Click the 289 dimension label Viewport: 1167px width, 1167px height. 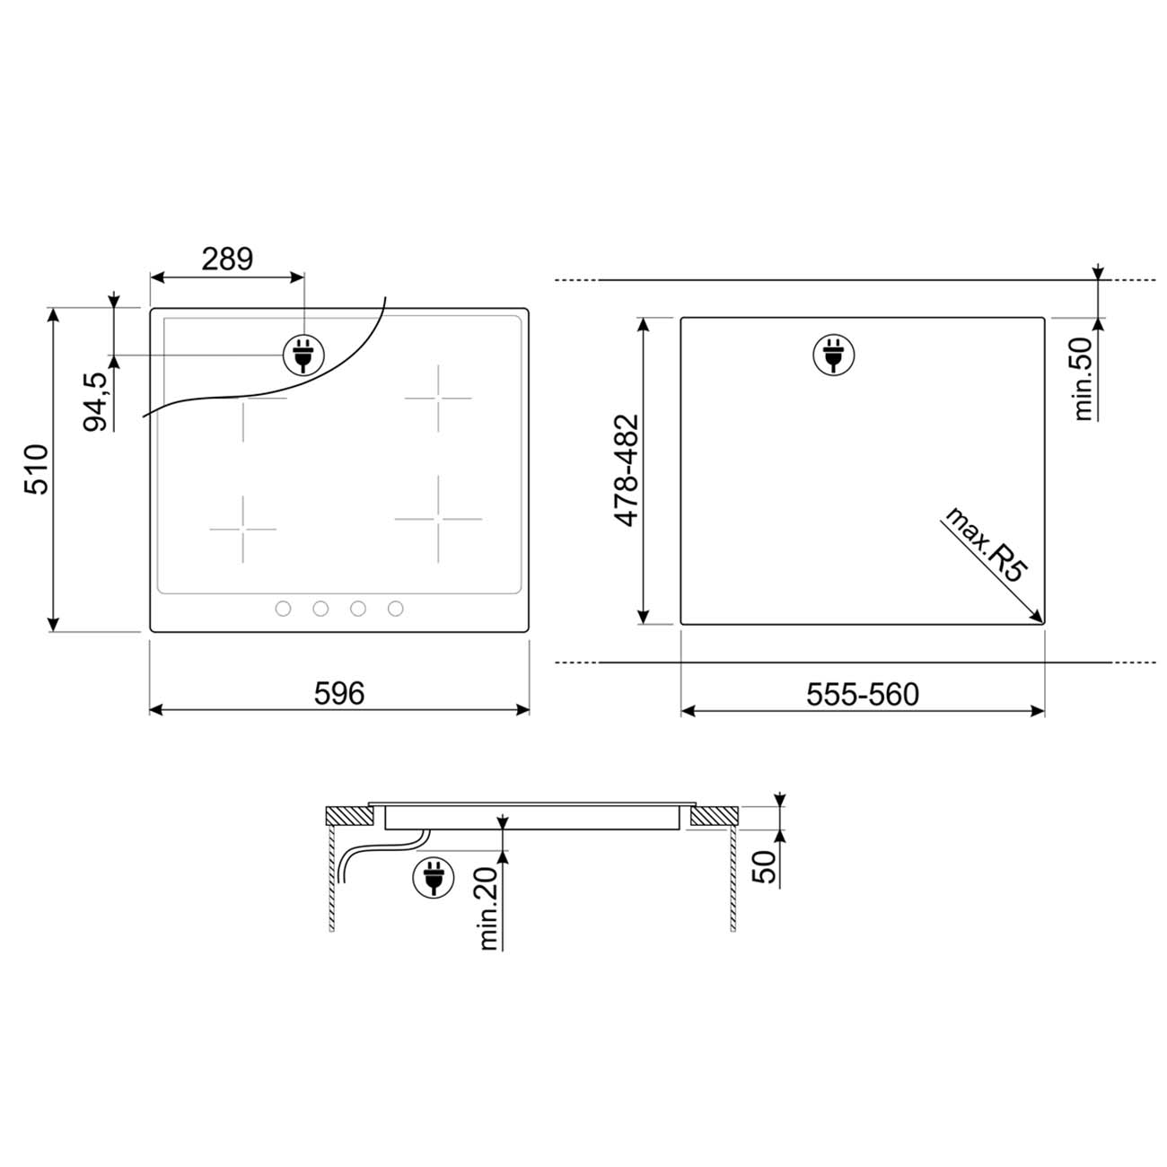227,259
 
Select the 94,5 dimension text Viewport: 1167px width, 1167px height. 95,402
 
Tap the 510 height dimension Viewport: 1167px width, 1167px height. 36,469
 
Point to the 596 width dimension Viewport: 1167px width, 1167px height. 339,693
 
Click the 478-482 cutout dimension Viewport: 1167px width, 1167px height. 627,470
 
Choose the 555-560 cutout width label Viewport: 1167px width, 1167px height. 863,694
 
